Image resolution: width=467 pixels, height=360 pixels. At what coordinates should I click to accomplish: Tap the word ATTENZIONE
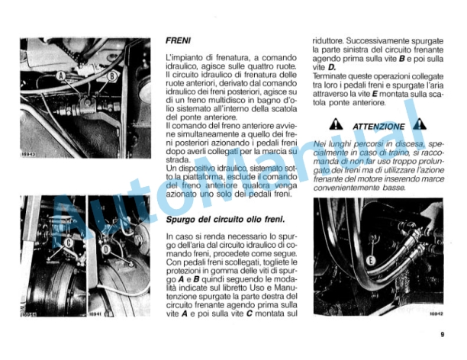(x=378, y=125)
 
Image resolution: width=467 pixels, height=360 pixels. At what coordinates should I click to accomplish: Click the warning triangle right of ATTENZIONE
(x=418, y=124)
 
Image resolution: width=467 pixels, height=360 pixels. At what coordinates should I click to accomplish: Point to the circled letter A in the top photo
(x=60, y=76)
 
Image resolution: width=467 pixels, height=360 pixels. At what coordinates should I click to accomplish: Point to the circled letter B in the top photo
(x=112, y=76)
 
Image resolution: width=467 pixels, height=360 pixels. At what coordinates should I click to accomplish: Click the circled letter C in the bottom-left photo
(x=68, y=243)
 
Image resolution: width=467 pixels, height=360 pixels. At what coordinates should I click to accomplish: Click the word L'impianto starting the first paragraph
(x=184, y=58)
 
